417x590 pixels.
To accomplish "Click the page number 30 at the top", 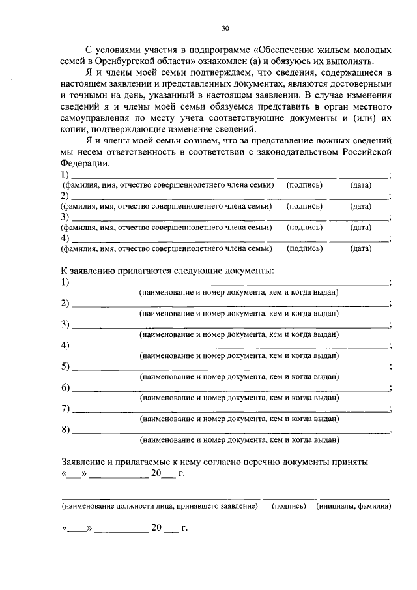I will click(x=225, y=29).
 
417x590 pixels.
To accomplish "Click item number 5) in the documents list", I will click(x=66, y=366).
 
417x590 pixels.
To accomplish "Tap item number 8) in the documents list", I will click(x=66, y=429).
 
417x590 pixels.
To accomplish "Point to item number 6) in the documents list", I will click(x=66, y=387).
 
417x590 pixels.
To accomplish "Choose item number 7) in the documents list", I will click(x=66, y=408).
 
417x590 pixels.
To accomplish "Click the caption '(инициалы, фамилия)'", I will click(x=353, y=506).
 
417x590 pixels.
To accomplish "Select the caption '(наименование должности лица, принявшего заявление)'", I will click(x=159, y=506).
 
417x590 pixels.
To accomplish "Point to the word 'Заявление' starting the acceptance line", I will click(x=84, y=461).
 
